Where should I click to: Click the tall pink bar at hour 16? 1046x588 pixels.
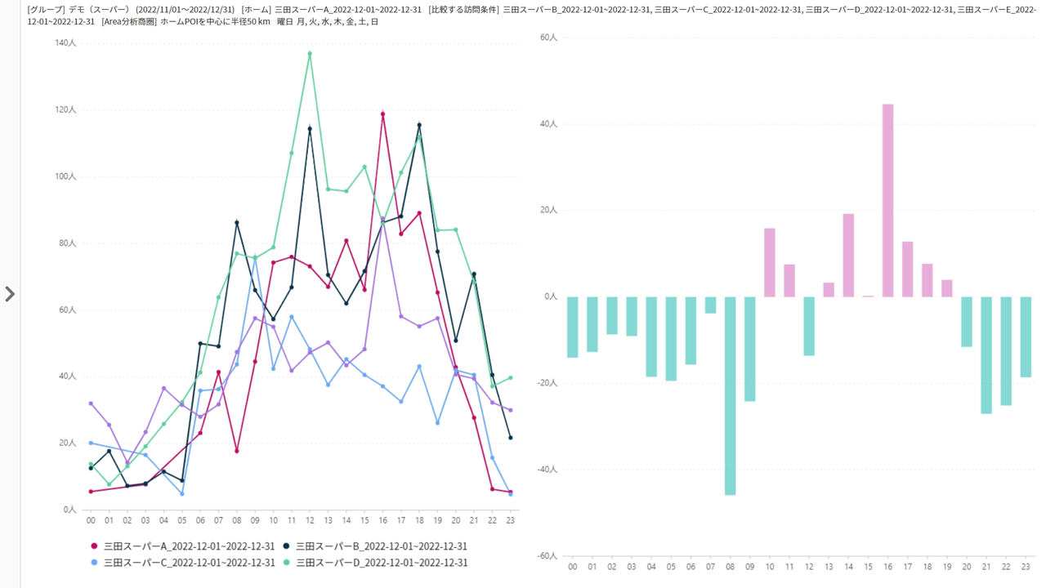(x=887, y=200)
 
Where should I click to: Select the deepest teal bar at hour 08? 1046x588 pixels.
(x=730, y=395)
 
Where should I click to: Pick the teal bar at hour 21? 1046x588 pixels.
(x=986, y=354)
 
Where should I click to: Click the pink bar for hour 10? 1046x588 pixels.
(x=769, y=262)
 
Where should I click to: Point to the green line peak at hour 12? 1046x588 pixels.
(x=310, y=54)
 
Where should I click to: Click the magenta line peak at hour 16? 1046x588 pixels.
(x=382, y=114)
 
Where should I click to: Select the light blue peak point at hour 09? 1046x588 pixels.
(x=255, y=256)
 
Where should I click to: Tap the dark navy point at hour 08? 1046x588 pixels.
(x=237, y=222)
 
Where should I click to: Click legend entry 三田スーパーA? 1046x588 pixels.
(x=189, y=546)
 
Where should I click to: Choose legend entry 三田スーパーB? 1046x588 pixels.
(x=381, y=546)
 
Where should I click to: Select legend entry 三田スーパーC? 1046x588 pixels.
(x=189, y=563)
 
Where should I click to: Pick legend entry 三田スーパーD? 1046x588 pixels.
(x=381, y=563)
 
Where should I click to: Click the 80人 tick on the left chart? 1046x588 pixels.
(x=67, y=243)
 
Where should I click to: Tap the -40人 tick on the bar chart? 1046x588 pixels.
(x=546, y=470)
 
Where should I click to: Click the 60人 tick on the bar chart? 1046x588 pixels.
(x=548, y=38)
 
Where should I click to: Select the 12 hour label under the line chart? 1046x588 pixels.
(x=310, y=519)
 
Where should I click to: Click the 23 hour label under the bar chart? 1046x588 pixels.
(x=1026, y=566)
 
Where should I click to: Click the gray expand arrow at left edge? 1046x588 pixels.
(x=10, y=294)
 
